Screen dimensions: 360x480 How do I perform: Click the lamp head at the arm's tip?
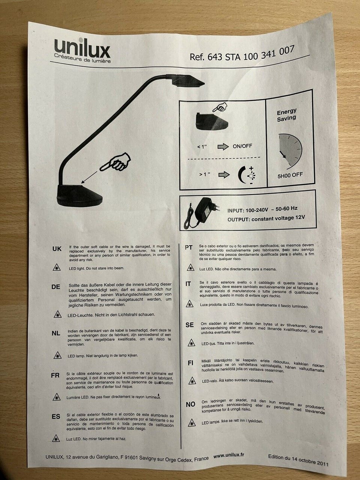186,81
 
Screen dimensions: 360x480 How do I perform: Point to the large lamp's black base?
79,195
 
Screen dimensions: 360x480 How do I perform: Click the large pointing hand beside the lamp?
115,162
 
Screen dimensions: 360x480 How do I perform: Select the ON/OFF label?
242,146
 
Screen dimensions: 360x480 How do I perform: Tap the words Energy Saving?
286,115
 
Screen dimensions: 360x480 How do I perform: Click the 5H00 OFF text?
290,175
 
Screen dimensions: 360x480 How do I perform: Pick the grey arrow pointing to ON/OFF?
223,147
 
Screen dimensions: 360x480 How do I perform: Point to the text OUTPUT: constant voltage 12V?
266,218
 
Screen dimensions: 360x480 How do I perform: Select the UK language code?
57,249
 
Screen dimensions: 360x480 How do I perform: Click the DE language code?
56,287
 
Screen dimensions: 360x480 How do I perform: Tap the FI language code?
190,363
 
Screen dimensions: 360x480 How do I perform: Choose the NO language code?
190,404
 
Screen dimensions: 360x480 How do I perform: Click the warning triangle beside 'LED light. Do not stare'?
57,267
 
